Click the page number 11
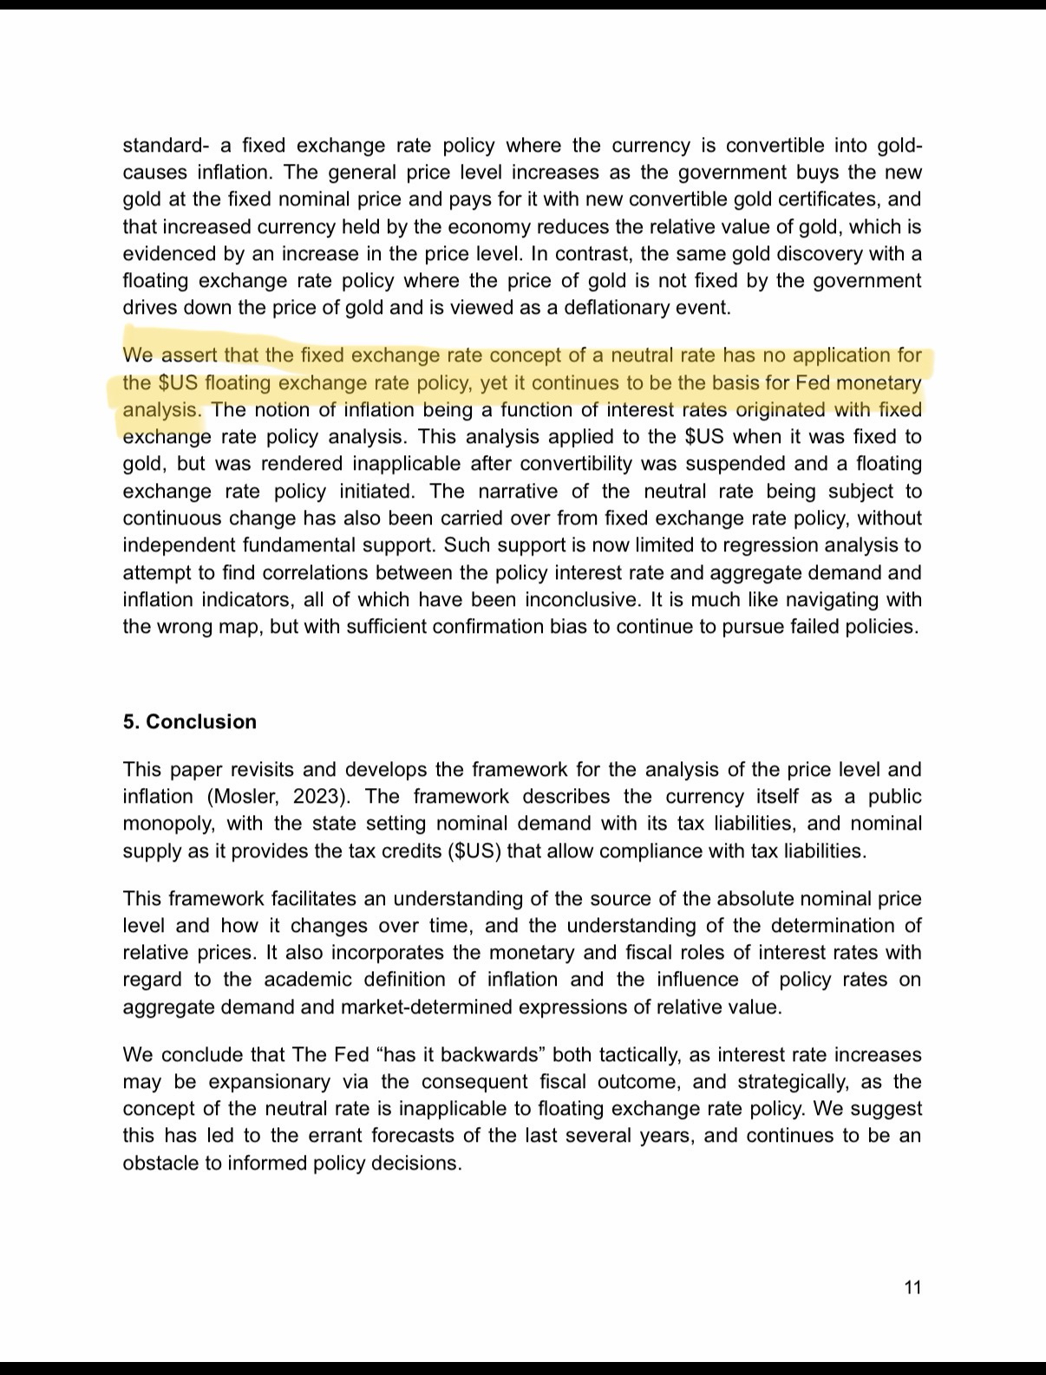point(912,1287)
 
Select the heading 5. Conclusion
point(189,722)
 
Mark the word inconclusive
point(522,600)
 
